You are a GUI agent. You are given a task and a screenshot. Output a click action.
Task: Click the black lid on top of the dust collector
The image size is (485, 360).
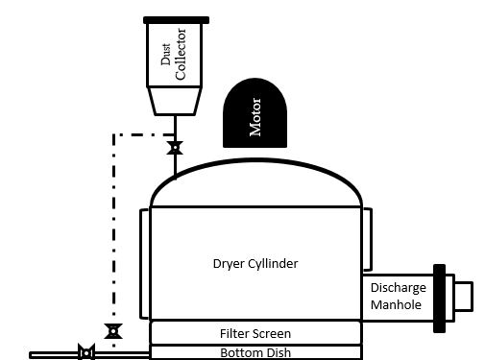176,19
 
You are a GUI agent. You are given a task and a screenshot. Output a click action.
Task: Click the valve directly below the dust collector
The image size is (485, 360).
175,148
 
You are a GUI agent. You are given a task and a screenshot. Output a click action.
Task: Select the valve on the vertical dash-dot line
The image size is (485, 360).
114,332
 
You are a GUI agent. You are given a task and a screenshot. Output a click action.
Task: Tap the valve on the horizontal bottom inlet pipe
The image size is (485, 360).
85,353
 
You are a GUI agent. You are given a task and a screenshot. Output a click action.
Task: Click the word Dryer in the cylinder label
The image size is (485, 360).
229,262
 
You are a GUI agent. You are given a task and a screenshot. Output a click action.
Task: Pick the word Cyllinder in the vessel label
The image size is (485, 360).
278,262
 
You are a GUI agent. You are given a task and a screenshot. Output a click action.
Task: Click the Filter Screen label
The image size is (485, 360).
255,333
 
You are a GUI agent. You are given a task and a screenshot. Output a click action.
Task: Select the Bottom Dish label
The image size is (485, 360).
255,352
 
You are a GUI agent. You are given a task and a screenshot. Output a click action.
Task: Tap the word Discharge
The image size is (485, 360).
397,289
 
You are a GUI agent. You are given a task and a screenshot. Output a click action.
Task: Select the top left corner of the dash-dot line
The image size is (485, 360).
114,134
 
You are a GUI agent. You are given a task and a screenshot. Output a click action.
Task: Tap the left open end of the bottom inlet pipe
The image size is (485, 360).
32,354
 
